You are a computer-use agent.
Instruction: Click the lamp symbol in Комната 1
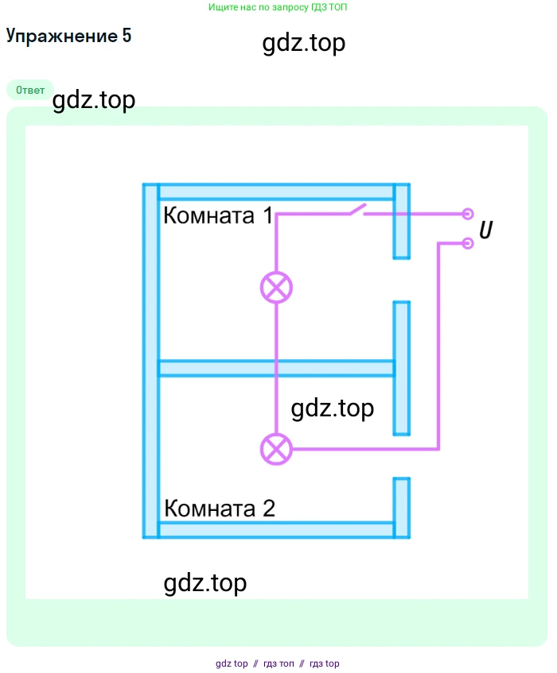point(276,287)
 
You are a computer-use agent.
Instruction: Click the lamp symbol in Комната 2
point(276,450)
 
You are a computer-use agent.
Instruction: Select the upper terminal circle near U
point(468,214)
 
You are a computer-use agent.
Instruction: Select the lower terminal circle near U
point(468,242)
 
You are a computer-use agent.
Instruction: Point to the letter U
point(485,230)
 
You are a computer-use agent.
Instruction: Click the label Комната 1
point(217,216)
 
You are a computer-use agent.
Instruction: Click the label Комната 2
point(220,509)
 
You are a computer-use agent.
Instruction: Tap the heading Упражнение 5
point(68,36)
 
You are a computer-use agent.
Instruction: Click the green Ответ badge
point(30,90)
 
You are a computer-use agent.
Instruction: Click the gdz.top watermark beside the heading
point(303,43)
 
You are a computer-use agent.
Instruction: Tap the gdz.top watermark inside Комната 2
point(333,408)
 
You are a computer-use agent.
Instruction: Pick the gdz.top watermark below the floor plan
point(205,583)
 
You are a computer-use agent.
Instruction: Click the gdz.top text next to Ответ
point(94,101)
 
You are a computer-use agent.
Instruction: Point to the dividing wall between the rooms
point(276,369)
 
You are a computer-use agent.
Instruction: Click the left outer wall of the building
point(150,362)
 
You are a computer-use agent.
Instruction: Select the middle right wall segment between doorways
point(402,368)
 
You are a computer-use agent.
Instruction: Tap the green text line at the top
point(278,7)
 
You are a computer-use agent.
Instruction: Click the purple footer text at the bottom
point(278,663)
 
